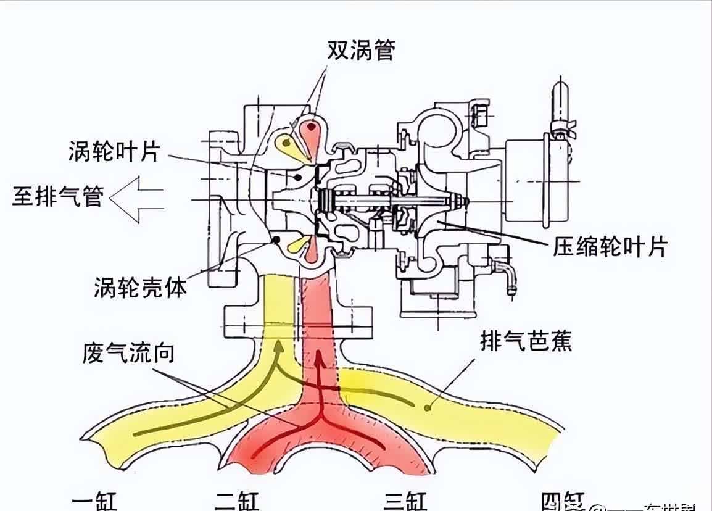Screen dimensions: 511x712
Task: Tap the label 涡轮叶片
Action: (x=115, y=152)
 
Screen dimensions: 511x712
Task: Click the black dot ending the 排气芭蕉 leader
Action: (x=428, y=407)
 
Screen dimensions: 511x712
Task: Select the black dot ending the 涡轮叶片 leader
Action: (x=299, y=178)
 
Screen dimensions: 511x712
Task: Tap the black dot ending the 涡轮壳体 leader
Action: (x=276, y=238)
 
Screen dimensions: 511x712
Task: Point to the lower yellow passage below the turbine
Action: (x=296, y=245)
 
